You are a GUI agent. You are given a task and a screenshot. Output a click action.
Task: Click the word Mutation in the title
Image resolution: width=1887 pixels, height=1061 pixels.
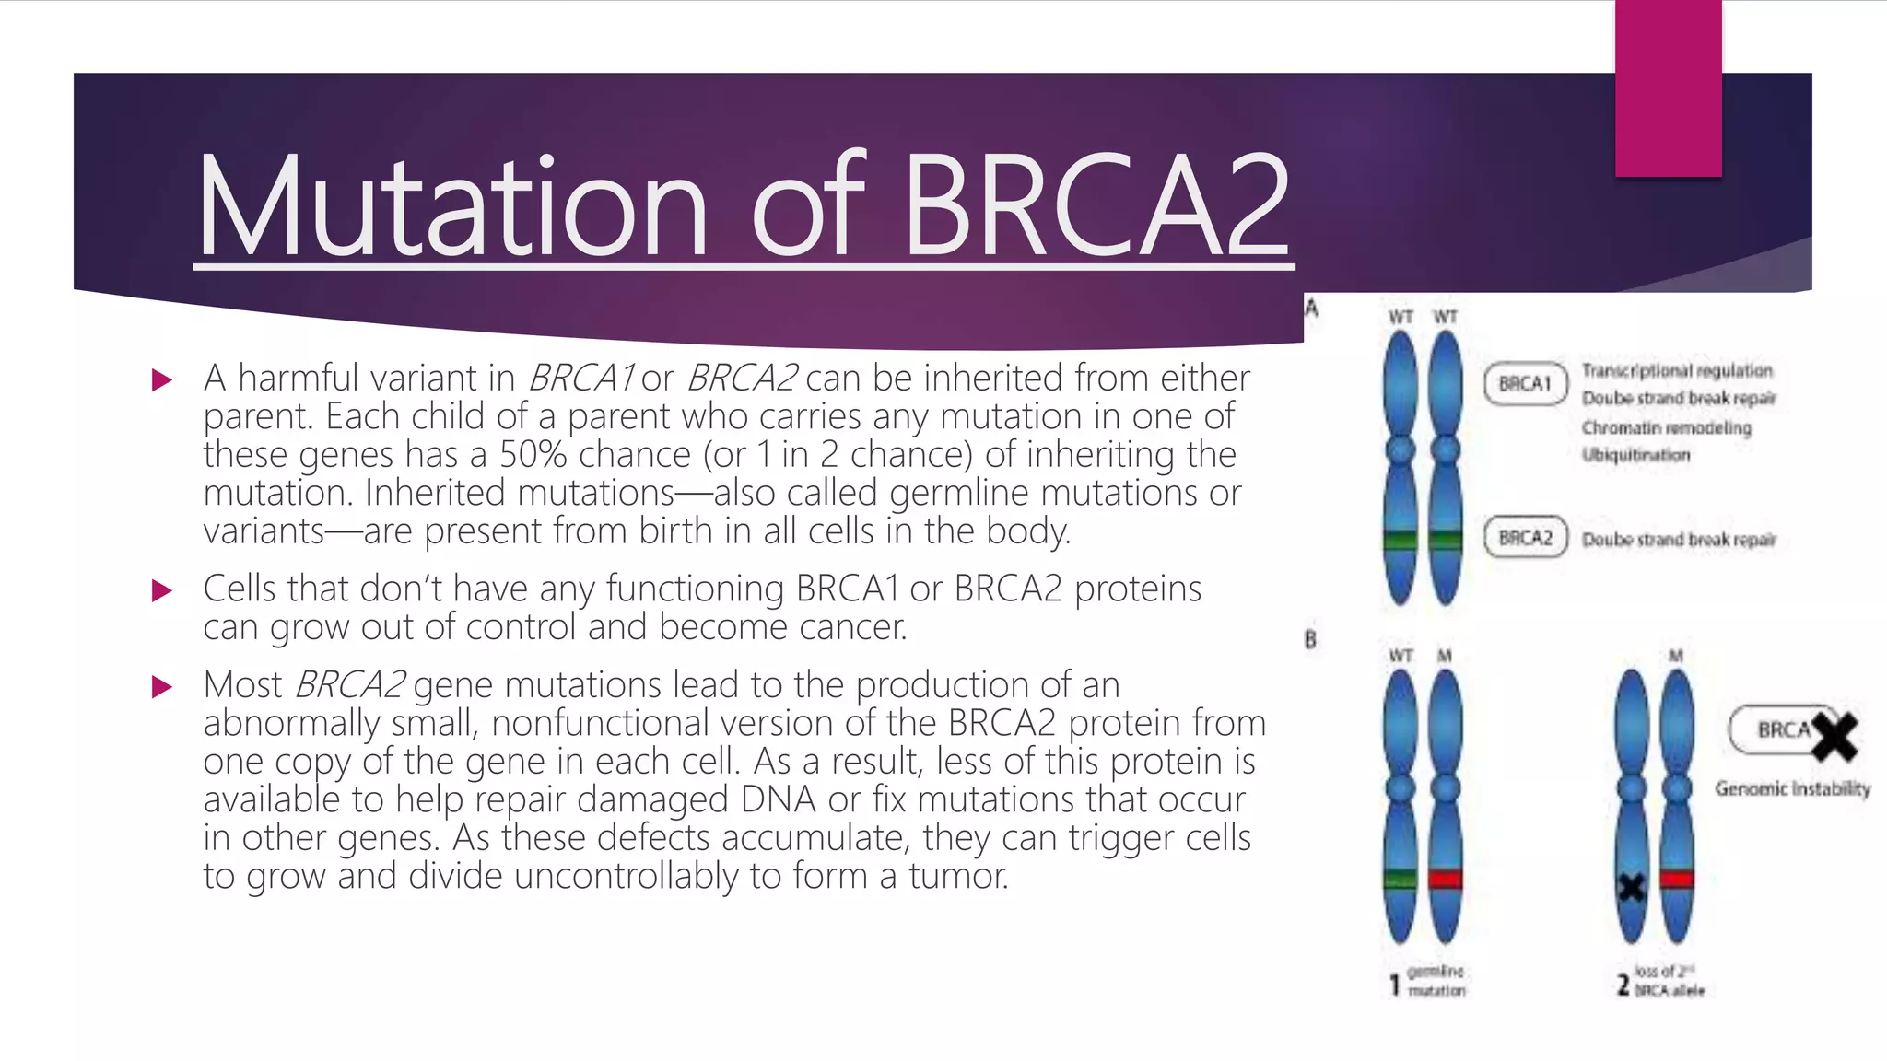pos(451,207)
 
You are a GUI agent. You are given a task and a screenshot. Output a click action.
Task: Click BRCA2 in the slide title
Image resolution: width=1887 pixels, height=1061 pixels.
pos(1096,207)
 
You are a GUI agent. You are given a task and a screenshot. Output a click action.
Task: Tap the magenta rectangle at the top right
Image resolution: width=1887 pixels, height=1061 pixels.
pos(1668,87)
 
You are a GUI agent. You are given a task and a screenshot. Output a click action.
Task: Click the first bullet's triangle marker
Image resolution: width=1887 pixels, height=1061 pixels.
pos(162,379)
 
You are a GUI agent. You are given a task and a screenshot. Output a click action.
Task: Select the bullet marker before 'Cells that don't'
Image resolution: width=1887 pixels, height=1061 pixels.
pos(162,590)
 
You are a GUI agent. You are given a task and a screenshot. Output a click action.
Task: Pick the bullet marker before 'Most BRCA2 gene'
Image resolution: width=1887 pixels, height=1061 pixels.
pos(162,686)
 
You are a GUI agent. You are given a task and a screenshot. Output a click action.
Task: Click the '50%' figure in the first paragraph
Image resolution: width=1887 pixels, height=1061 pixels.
pos(531,455)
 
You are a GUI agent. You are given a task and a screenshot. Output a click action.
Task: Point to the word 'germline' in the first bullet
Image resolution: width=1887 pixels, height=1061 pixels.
pos(959,494)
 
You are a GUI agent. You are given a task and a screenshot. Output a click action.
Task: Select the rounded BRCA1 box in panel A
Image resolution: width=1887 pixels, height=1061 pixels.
pos(1525,384)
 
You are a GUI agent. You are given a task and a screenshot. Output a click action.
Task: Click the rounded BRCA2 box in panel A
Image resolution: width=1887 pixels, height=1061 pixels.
pos(1525,538)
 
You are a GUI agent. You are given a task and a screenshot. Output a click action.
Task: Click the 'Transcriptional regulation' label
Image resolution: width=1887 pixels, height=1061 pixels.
pos(1677,370)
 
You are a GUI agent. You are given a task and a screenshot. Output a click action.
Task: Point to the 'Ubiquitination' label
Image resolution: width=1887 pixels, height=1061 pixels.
pos(1635,455)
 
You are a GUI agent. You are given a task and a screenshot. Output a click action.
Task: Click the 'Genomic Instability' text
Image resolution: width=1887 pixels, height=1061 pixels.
pos(1792,789)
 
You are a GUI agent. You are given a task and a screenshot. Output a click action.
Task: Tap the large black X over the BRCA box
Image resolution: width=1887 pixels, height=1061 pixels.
pos(1834,736)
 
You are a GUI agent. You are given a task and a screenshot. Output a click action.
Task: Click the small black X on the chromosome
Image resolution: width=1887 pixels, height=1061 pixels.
pos(1632,888)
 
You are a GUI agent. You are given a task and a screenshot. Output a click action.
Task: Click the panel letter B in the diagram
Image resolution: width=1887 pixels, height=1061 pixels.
pos(1310,640)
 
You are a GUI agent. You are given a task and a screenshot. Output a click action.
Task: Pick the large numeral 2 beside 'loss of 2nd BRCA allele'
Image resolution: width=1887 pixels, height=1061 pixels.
pos(1623,985)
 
